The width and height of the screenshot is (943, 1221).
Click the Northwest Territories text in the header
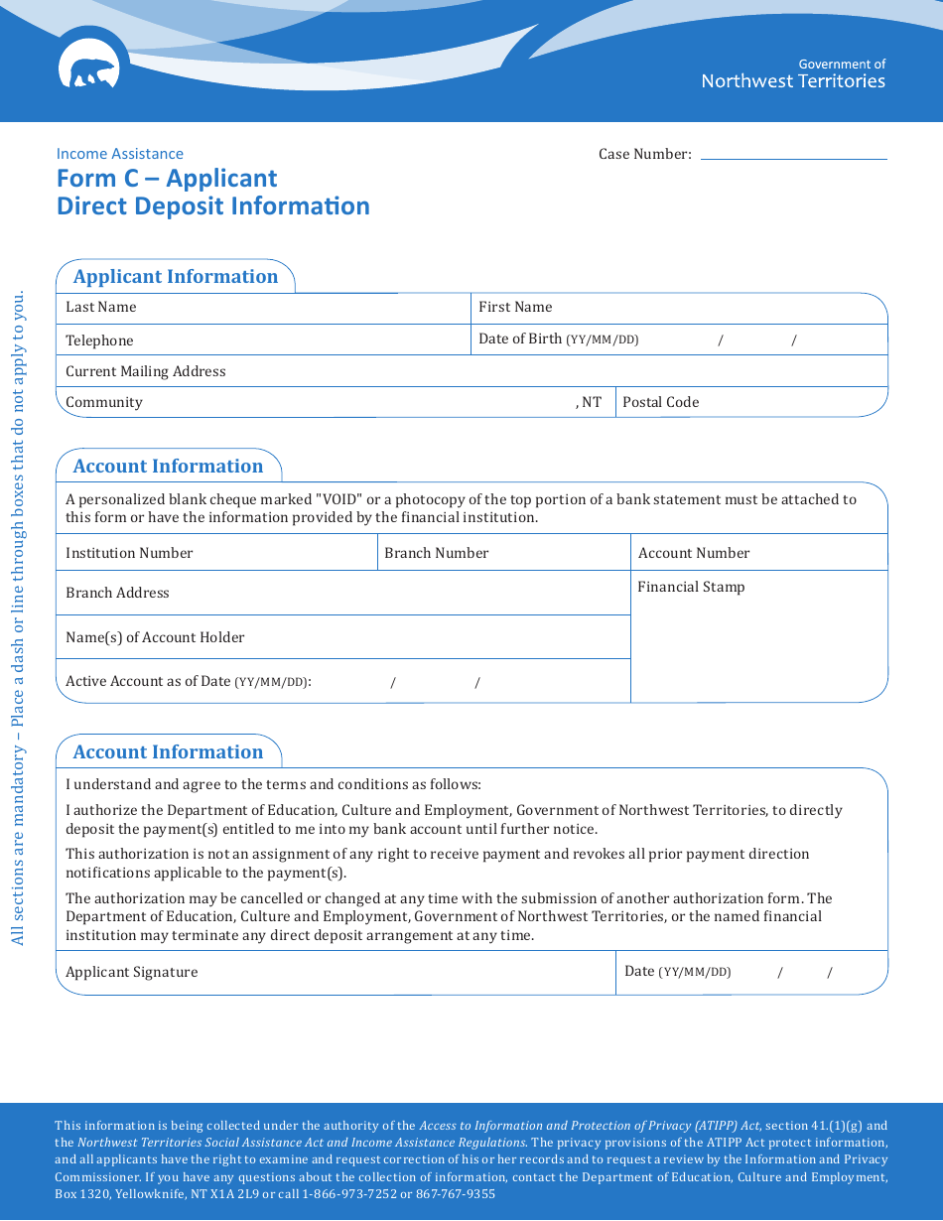click(x=792, y=81)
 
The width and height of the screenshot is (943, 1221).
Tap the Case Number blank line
click(x=793, y=155)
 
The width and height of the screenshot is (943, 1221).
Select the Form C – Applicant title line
click(x=167, y=179)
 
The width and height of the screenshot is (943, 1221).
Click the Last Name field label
click(x=100, y=308)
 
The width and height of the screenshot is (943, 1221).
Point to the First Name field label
click(x=515, y=308)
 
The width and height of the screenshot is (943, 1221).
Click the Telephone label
click(x=99, y=340)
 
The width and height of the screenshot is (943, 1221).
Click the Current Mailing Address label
click(x=146, y=371)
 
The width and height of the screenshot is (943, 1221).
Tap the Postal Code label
click(x=660, y=402)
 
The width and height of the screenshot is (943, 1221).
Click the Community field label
click(x=104, y=402)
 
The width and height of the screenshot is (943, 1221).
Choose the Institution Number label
click(x=129, y=553)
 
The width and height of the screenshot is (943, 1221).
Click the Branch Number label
click(x=436, y=553)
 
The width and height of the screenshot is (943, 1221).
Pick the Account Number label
click(x=694, y=553)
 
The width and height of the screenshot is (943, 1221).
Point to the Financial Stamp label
click(x=691, y=587)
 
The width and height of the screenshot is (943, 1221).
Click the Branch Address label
click(x=117, y=593)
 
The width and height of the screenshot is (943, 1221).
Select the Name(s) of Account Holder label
click(x=155, y=637)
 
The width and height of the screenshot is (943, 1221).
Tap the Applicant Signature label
click(x=131, y=972)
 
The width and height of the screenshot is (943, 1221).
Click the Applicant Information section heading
click(x=176, y=277)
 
